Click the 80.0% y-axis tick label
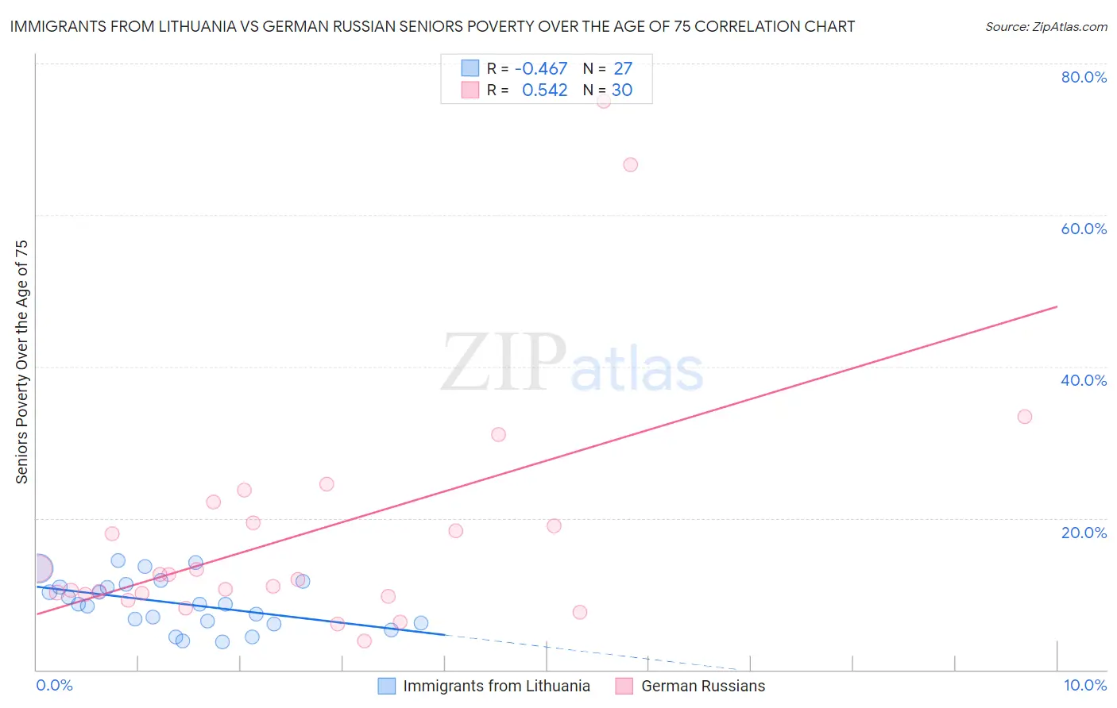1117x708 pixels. (1084, 77)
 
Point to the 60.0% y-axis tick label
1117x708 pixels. (1084, 229)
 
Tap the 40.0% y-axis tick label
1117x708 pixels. (1084, 380)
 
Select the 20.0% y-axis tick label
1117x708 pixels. (1084, 532)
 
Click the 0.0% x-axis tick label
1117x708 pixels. (54, 685)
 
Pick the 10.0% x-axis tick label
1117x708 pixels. (1084, 685)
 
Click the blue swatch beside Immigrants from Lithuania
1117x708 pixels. (387, 686)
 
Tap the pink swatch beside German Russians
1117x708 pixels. (624, 686)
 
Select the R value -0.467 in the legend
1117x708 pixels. (541, 69)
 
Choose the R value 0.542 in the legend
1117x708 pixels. (544, 90)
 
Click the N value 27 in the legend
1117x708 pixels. (623, 69)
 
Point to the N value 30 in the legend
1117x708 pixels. (622, 90)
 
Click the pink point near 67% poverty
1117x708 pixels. (631, 165)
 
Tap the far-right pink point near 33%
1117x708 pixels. (1025, 417)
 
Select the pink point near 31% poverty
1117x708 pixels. (499, 434)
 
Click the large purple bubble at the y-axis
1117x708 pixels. (38, 568)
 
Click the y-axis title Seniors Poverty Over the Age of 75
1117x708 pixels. (21, 361)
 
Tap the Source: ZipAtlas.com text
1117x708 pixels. (1045, 27)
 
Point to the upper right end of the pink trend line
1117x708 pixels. (1057, 306)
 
